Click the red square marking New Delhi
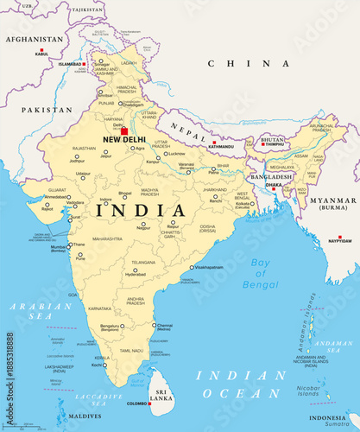click(x=124, y=131)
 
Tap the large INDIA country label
click(x=141, y=210)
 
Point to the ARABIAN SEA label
click(x=41, y=311)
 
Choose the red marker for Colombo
click(x=150, y=402)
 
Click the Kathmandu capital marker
click(x=214, y=143)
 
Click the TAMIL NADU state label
click(x=131, y=351)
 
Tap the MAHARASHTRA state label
click(x=108, y=238)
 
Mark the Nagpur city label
click(x=143, y=228)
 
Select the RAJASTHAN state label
click(x=84, y=149)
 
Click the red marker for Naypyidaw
click(x=339, y=238)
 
